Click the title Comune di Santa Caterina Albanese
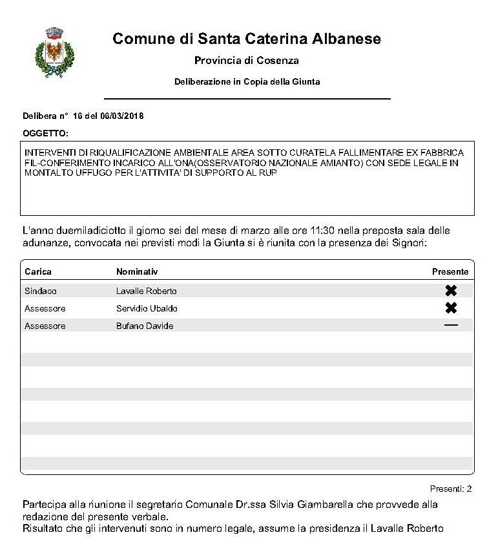tap(246, 39)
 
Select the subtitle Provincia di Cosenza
tap(246, 61)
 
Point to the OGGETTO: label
tap(45, 133)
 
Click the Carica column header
tap(37, 271)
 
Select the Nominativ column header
tap(137, 271)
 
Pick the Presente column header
tap(450, 271)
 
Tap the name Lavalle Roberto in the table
tap(146, 291)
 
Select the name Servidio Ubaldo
tap(147, 308)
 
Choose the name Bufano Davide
tap(145, 326)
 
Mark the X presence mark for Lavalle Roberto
tap(451, 291)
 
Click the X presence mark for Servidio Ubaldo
tap(451, 308)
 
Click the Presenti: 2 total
tap(450, 489)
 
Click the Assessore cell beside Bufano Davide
tap(45, 326)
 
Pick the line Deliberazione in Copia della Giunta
tap(247, 82)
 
